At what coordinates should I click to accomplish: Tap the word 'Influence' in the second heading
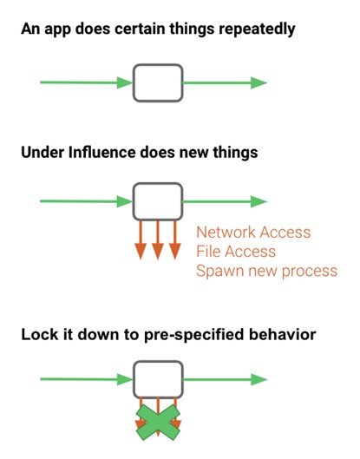[x=101, y=152]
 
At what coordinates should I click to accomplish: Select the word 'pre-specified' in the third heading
[x=193, y=335]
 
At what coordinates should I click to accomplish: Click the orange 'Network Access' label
[x=253, y=233]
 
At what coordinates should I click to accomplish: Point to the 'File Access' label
[x=236, y=252]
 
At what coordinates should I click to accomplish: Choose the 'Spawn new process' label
[x=266, y=272]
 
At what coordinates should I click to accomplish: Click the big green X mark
[x=158, y=423]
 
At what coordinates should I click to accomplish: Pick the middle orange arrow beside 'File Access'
[x=158, y=240]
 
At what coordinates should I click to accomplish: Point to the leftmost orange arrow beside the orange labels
[x=141, y=240]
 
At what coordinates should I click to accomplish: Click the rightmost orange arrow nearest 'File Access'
[x=175, y=240]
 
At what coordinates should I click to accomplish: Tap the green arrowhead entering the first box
[x=125, y=82]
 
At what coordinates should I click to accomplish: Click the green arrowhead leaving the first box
[x=259, y=82]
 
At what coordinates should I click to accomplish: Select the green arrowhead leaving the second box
[x=259, y=201]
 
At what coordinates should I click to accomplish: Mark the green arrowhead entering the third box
[x=125, y=379]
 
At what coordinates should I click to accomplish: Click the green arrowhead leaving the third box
[x=259, y=380]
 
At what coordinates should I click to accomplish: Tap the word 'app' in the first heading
[x=56, y=31]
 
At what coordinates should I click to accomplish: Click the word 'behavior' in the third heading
[x=283, y=334]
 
